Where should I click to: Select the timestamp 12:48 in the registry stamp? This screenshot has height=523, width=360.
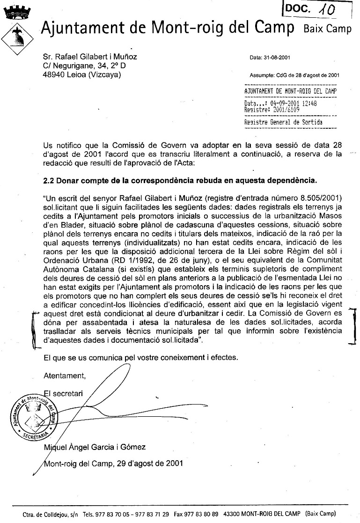tap(309, 103)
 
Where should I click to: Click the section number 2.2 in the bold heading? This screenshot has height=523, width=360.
tap(49, 179)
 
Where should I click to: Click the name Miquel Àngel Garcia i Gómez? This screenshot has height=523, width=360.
tap(94, 447)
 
